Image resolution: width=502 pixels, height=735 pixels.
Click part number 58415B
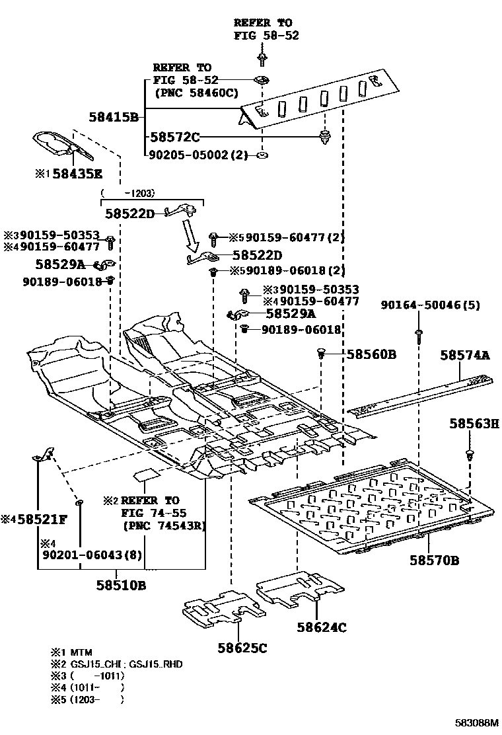click(114, 118)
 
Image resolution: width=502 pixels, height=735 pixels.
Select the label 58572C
click(174, 137)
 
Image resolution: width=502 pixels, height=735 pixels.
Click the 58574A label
click(465, 356)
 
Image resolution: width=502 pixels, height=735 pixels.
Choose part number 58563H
click(474, 424)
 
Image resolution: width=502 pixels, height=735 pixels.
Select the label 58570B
click(434, 561)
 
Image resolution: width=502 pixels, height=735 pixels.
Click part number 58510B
click(121, 586)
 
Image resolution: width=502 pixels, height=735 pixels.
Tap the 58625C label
click(242, 648)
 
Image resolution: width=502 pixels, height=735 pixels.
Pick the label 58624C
click(322, 627)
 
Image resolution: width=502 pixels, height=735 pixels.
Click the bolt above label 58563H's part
click(470, 455)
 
